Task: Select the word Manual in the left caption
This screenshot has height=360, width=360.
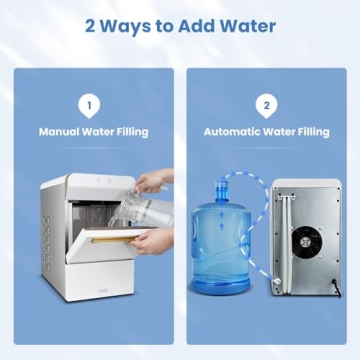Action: pyautogui.click(x=60, y=130)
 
